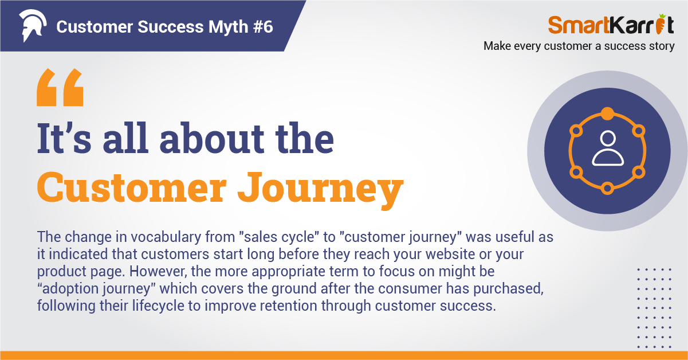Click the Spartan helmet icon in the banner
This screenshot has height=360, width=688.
coord(33,25)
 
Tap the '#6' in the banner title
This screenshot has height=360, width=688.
coord(263,26)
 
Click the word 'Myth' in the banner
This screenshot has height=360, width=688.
coord(228,28)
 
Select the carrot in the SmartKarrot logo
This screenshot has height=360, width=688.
coord(660,24)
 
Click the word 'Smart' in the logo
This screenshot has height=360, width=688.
coord(578,25)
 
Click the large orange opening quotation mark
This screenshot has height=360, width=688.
coord(60,87)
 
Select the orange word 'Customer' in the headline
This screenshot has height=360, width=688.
coord(131,187)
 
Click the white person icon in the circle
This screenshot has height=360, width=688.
coord(608,148)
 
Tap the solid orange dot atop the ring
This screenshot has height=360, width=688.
coord(607,114)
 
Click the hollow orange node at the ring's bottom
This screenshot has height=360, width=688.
coord(607,188)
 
